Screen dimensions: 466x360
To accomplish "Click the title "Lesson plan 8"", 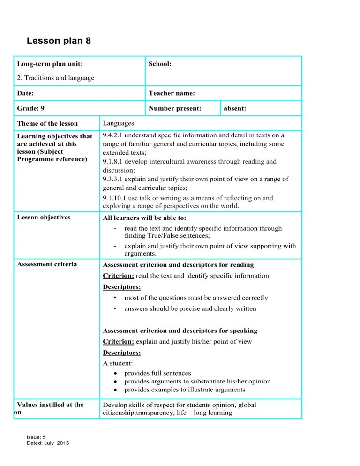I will (x=59, y=41).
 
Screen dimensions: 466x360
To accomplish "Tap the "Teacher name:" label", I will (x=172, y=93).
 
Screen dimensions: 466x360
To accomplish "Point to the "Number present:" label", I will (x=175, y=108).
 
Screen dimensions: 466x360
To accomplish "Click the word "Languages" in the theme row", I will (x=118, y=123).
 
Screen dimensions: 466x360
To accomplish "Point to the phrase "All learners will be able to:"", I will (x=149, y=218).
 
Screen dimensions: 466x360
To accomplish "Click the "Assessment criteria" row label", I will (x=46, y=264).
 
